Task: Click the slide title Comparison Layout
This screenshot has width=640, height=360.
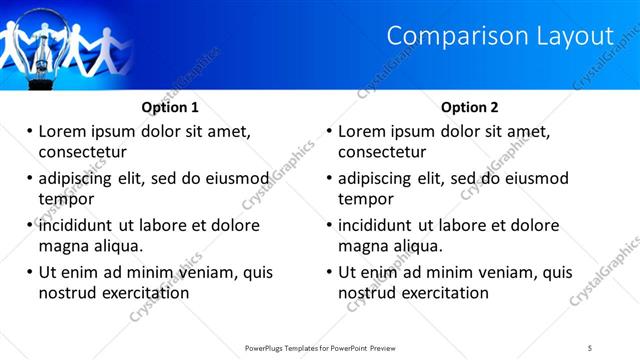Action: [499, 36]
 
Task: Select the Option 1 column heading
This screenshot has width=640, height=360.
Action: [170, 107]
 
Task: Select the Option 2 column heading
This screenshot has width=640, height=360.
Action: [469, 107]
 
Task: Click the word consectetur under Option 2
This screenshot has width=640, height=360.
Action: [382, 152]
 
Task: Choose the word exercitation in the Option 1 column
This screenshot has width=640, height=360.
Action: [147, 293]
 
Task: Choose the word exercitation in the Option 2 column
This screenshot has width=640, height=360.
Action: [447, 293]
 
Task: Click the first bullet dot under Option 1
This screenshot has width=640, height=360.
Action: [30, 131]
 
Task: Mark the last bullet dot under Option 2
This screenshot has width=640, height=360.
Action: [330, 272]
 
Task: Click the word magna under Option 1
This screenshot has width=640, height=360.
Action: [64, 246]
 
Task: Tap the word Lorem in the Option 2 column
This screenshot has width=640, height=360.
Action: [362, 131]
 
